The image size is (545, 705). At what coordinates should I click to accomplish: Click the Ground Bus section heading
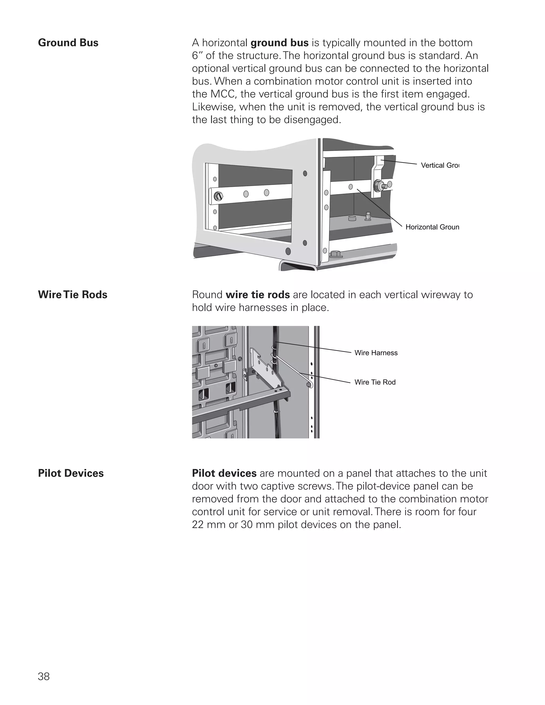pos(68,43)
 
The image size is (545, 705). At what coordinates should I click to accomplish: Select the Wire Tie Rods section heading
pos(73,295)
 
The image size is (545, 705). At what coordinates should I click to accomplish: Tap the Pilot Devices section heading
pos(71,473)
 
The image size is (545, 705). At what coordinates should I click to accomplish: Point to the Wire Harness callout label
pos(376,353)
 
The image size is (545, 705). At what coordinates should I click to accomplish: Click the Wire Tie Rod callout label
pos(375,382)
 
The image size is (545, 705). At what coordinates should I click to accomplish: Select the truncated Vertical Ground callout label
pos(440,165)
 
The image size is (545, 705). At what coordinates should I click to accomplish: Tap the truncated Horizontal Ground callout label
pos(432,227)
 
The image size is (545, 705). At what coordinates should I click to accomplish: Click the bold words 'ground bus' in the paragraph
pos(280,43)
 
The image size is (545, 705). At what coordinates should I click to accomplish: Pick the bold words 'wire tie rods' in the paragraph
pos(258,295)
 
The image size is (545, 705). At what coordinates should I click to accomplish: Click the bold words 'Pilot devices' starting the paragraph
pos(224,473)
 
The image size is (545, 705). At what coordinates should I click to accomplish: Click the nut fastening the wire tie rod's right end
pos(309,385)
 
